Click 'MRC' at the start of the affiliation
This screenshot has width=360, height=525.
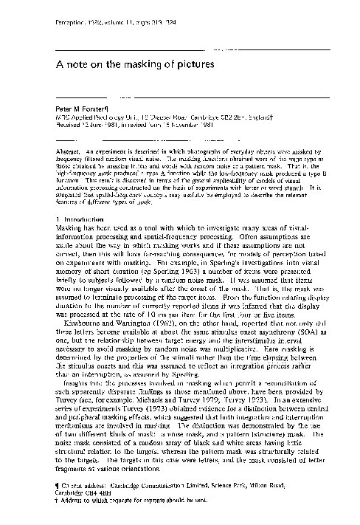pos(65,117)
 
